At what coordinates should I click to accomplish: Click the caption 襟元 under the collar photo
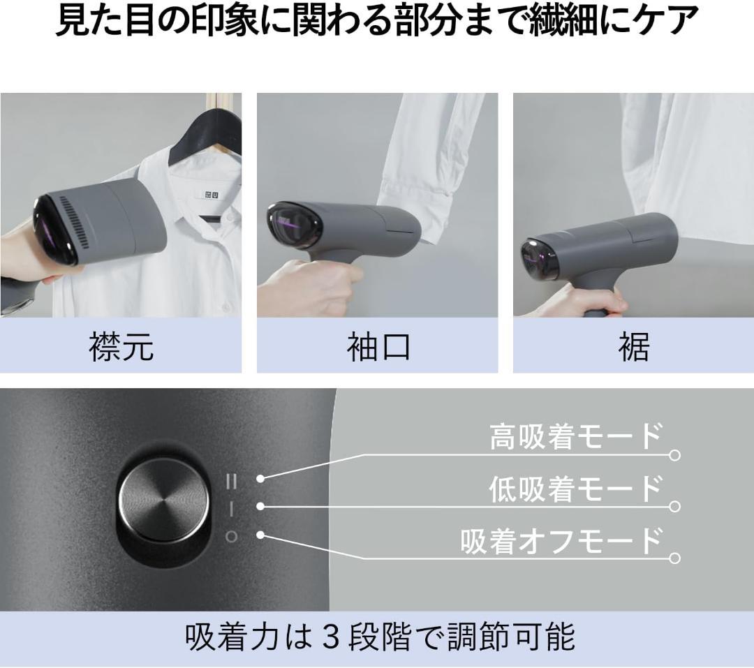121,346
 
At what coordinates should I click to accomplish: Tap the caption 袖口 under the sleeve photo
378,346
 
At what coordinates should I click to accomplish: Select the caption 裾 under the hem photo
634,346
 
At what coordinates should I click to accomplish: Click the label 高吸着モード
575,436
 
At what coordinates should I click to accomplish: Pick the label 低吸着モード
575,489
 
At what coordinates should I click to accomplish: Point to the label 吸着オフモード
561,540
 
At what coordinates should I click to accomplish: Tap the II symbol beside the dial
232,480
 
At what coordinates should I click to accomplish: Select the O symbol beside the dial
231,536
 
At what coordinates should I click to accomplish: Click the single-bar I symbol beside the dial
231,508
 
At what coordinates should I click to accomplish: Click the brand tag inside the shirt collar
211,195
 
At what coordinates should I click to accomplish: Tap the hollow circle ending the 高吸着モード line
674,454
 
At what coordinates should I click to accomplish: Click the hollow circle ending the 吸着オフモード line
674,558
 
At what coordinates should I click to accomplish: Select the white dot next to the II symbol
260,479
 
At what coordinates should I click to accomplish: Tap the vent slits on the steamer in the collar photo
77,221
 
